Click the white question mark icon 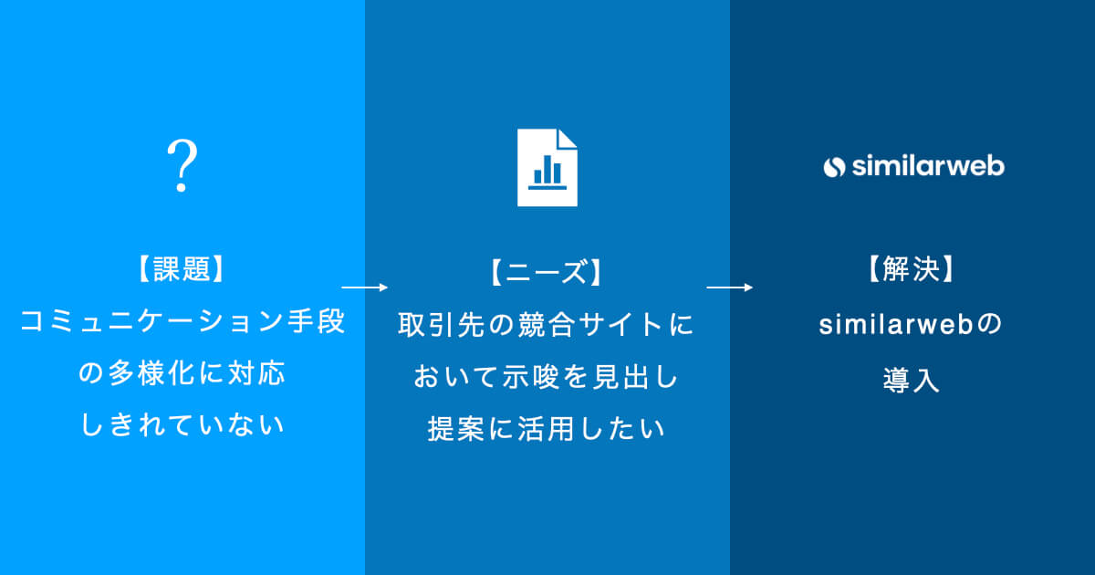182,165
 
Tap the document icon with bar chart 547,167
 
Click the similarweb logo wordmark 928,166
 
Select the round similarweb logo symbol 834,167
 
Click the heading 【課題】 182,269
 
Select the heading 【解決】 912,269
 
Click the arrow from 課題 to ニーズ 365,287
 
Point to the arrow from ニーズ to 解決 729,287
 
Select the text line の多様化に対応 182,373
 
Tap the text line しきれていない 182,424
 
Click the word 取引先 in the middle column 442,324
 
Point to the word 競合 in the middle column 546,324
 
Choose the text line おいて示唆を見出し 546,377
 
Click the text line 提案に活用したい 546,429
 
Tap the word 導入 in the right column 912,380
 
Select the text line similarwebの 911,324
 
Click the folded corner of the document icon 568,138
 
